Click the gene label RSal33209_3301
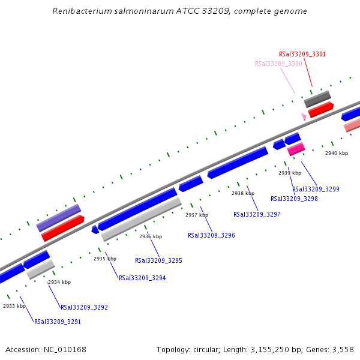pyautogui.click(x=302, y=54)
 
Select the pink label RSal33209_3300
pyautogui.click(x=278, y=64)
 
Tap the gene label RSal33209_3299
pyautogui.click(x=316, y=189)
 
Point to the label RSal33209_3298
pyautogui.click(x=294, y=199)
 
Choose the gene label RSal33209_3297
pyautogui.click(x=257, y=214)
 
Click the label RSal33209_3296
pyautogui.click(x=211, y=235)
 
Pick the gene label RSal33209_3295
pyautogui.click(x=158, y=260)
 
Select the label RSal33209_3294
pyautogui.click(x=142, y=278)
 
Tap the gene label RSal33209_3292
pyautogui.click(x=84, y=307)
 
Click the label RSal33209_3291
pyautogui.click(x=58, y=322)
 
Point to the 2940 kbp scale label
pyautogui.click(x=337, y=153)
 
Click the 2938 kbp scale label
pyautogui.click(x=243, y=193)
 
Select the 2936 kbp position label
pyautogui.click(x=151, y=236)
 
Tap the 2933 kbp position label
pyautogui.click(x=14, y=306)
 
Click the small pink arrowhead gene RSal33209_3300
pyautogui.click(x=304, y=116)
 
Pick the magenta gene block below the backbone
pyautogui.click(x=296, y=149)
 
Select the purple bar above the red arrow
pyautogui.click(x=58, y=218)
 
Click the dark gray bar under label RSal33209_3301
pyautogui.click(x=317, y=99)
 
